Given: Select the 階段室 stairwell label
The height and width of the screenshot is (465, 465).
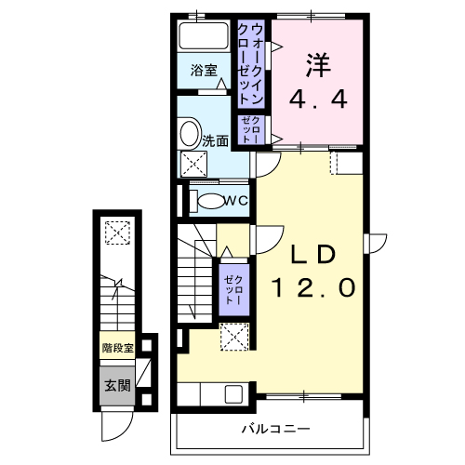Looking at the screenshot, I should pyautogui.click(x=117, y=350).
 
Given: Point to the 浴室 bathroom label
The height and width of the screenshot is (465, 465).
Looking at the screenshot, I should pyautogui.click(x=204, y=71).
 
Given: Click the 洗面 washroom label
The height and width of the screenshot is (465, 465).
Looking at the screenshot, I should pyautogui.click(x=217, y=142).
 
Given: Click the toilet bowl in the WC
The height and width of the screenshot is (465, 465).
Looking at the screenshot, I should pyautogui.click(x=209, y=201).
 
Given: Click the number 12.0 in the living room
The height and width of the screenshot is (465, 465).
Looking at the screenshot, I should pyautogui.click(x=313, y=287).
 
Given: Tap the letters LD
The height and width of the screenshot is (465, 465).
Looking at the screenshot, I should pyautogui.click(x=312, y=254).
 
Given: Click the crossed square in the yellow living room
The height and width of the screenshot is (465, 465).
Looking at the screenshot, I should pyautogui.click(x=232, y=336).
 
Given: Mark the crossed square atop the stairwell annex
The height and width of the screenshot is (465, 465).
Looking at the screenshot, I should pyautogui.click(x=117, y=232).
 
